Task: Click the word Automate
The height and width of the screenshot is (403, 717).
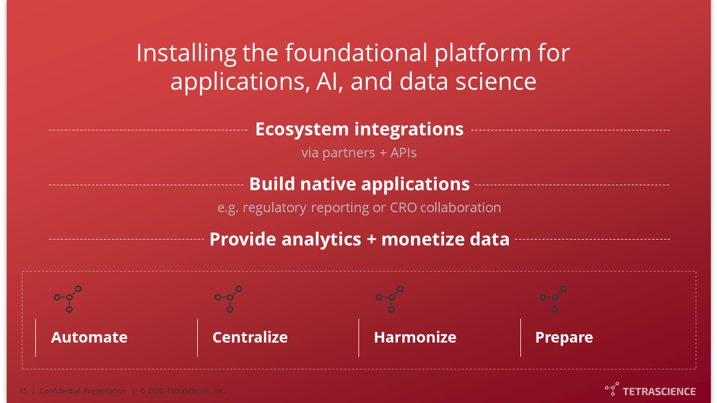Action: [x=89, y=338]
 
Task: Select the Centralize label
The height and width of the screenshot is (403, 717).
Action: [x=250, y=338]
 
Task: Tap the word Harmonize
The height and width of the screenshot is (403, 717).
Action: [x=415, y=338]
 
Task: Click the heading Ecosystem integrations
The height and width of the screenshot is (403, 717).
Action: [x=359, y=129]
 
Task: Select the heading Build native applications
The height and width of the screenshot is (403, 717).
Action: [x=360, y=185]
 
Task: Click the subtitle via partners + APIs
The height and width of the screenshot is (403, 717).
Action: [x=359, y=153]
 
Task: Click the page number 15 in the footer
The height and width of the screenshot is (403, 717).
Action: [x=23, y=391]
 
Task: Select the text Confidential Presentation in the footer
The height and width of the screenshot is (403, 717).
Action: [x=83, y=391]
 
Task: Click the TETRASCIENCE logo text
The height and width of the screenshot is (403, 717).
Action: [x=659, y=391]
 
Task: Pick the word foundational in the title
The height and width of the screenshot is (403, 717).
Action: [x=356, y=53]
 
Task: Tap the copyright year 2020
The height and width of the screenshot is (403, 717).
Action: [x=156, y=391]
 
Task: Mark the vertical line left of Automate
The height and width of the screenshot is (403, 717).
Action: [x=35, y=338]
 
